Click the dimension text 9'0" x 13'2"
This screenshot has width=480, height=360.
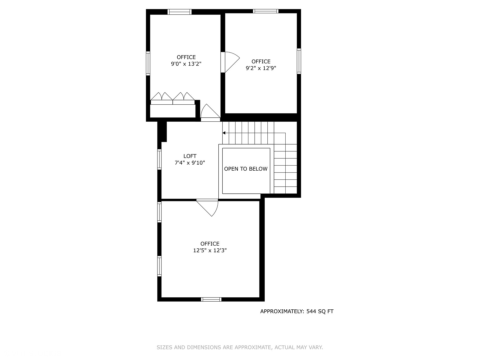click(x=186, y=64)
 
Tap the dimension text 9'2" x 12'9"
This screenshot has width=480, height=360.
click(x=261, y=68)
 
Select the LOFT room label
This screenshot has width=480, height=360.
click(x=190, y=156)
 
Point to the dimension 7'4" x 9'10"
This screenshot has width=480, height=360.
click(x=190, y=163)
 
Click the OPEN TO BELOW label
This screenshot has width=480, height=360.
click(x=246, y=169)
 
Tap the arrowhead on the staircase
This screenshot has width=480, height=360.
click(x=224, y=133)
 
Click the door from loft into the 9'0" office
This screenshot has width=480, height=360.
click(x=209, y=112)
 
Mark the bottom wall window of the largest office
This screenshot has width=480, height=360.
click(x=211, y=299)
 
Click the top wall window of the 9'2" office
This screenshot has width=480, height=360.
click(x=265, y=11)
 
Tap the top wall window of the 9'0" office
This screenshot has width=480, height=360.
click(x=179, y=12)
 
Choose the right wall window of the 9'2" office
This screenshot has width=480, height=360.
click(x=299, y=61)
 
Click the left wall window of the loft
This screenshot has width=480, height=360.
click(x=159, y=159)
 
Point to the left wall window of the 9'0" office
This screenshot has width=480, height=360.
click(x=148, y=63)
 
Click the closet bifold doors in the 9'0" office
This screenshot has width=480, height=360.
click(x=172, y=98)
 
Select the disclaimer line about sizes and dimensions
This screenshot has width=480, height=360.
click(x=240, y=347)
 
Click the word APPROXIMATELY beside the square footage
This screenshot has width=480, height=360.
click(x=282, y=311)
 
